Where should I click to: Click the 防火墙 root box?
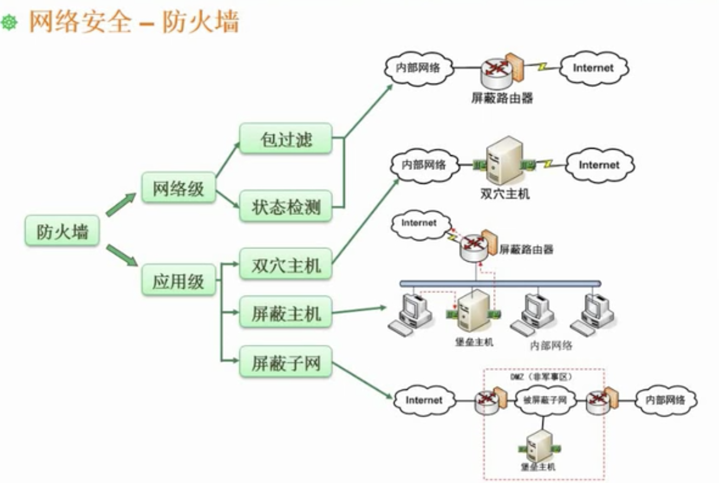(x=62, y=231)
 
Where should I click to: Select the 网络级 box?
(x=178, y=188)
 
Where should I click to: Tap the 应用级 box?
(x=178, y=280)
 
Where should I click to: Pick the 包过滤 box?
(x=285, y=138)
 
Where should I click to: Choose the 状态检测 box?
(x=285, y=206)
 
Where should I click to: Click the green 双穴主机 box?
(x=285, y=264)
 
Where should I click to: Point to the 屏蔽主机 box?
(x=285, y=312)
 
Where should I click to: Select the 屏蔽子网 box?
(x=285, y=362)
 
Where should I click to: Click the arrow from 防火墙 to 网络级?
(x=120, y=204)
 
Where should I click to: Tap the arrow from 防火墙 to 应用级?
(x=121, y=255)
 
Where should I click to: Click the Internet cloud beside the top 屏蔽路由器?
(x=593, y=68)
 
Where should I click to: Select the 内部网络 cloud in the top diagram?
(x=419, y=67)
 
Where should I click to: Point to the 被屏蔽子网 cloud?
(x=545, y=400)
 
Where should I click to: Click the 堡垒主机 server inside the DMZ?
(x=539, y=446)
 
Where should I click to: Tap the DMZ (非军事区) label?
(x=541, y=377)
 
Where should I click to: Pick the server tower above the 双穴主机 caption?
(x=504, y=161)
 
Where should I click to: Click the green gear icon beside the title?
(x=9, y=22)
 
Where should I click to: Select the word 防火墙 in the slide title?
(x=201, y=22)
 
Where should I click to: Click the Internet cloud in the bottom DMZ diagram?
(x=424, y=400)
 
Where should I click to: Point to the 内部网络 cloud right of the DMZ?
(x=665, y=400)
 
